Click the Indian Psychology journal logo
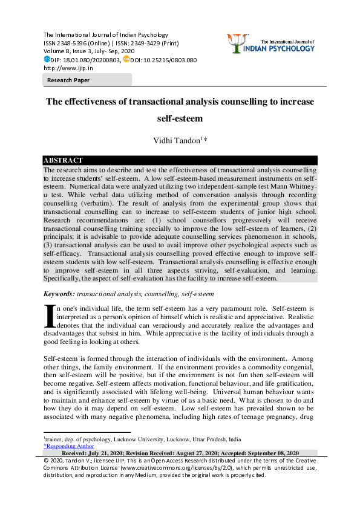pyautogui.click(x=281, y=43)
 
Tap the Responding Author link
pyautogui.click(x=68, y=446)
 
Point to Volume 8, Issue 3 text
pyautogui.click(x=67, y=52)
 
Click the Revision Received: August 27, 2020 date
pyautogui.click(x=179, y=453)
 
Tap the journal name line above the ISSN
pyautogui.click(x=105, y=35)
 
